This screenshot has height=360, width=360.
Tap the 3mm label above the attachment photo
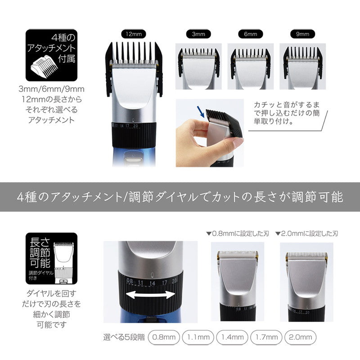point(198,34)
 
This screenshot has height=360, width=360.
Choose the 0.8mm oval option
point(164,337)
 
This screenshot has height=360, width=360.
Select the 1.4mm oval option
point(233,337)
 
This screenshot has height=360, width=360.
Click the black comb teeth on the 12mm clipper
point(134,53)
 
